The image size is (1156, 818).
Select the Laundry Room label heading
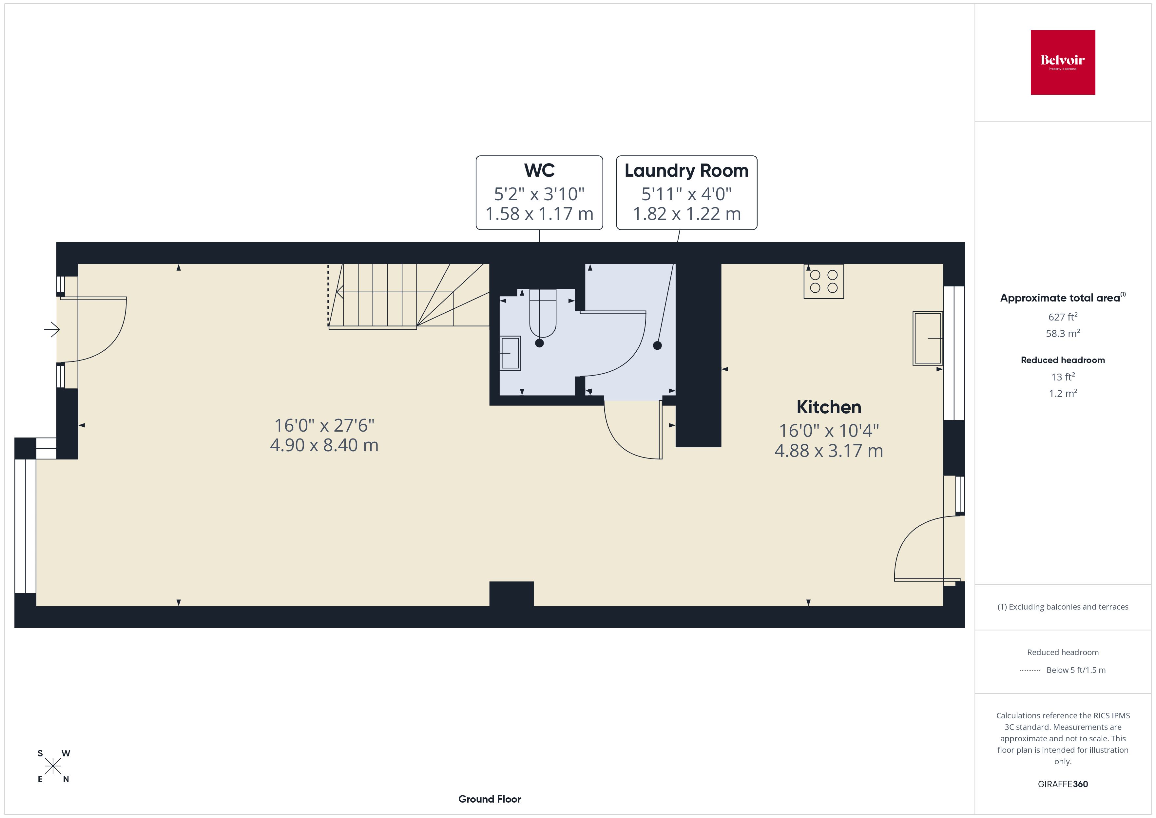[686, 170]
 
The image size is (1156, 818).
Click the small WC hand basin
[510, 353]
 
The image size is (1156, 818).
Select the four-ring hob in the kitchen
[823, 282]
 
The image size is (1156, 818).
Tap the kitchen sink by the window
[927, 338]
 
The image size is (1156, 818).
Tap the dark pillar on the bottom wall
[511, 594]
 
